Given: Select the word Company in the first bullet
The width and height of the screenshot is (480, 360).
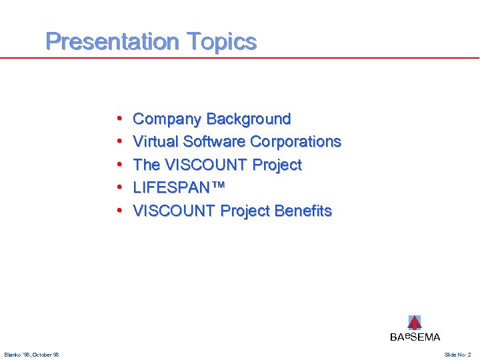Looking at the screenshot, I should click(167, 119).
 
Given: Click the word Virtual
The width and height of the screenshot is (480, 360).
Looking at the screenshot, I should click(155, 142).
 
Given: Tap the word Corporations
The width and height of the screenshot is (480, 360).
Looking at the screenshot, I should click(295, 142).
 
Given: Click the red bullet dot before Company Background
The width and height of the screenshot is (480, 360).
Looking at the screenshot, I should click(119, 120).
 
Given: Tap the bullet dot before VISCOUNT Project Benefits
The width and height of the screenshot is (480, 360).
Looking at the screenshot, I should click(119, 211).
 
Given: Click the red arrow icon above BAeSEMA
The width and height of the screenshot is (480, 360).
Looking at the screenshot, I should click(415, 322).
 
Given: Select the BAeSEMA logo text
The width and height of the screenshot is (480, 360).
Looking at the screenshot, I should click(415, 337).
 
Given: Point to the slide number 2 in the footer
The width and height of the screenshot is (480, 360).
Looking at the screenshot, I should click(469, 355).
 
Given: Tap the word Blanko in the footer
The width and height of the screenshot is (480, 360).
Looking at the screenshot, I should click(13, 355).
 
